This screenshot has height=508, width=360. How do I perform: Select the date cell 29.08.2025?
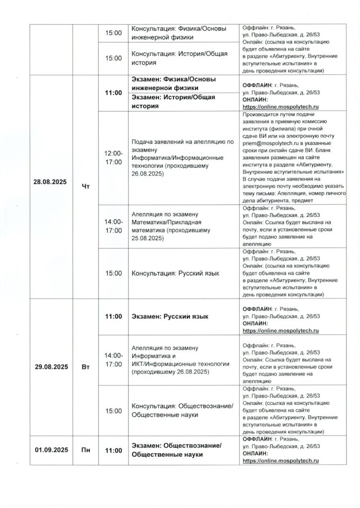click(51, 367)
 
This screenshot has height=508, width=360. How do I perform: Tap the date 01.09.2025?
click(51, 450)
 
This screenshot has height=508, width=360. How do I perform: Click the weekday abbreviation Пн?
click(85, 450)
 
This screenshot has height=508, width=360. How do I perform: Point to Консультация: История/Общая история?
click(179, 58)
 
